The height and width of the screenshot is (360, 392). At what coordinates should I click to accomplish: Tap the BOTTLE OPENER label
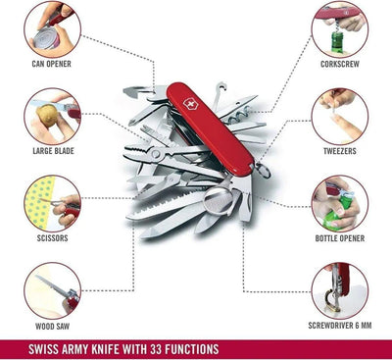[340, 239]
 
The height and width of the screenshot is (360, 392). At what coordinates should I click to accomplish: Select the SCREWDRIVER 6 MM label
[340, 325]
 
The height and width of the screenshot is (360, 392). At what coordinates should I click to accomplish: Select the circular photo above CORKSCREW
[340, 29]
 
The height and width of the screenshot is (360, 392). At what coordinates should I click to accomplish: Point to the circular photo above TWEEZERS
[340, 116]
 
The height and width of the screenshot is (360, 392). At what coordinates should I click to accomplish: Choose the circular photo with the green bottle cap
[340, 202]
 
